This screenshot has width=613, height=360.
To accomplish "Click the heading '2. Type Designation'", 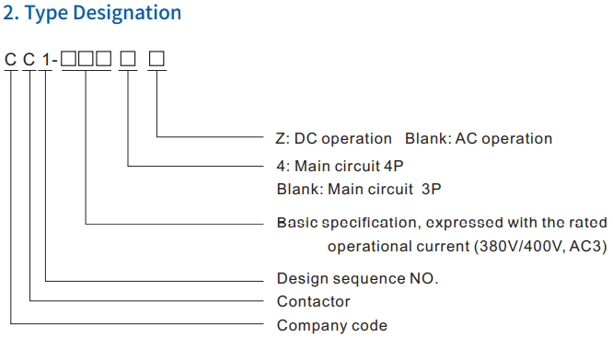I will pos(93,14).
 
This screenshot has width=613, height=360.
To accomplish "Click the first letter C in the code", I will pos(11,61).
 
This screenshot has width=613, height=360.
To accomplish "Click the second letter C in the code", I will pos(31,61).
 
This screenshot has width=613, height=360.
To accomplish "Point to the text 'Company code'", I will pos(331,325).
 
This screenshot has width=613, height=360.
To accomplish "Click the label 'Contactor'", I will pos(313,301).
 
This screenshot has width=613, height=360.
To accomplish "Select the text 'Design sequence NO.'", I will pos(357,278).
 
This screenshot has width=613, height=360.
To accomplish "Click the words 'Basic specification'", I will pos(345,223).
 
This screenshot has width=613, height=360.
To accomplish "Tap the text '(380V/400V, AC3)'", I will pos(525,247).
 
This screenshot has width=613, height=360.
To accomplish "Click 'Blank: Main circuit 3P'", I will pos(353,188).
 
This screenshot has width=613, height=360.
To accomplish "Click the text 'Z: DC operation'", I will pos(333,138).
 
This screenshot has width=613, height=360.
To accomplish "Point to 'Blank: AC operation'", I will pos(479,138).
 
